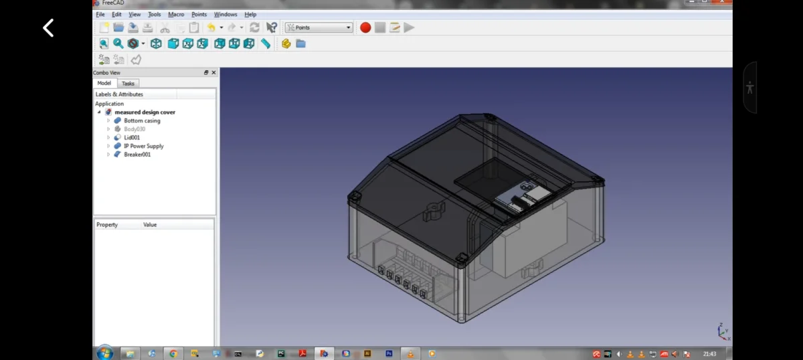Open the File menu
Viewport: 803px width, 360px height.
100,14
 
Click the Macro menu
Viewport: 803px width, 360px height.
176,14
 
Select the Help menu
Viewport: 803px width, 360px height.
250,14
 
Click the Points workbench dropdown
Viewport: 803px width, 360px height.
319,27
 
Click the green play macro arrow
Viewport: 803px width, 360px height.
409,27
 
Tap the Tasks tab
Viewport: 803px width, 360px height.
128,83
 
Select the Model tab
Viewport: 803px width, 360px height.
104,83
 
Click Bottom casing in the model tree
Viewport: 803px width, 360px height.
142,120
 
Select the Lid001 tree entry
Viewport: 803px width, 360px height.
132,137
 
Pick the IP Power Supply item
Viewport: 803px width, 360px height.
144,146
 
